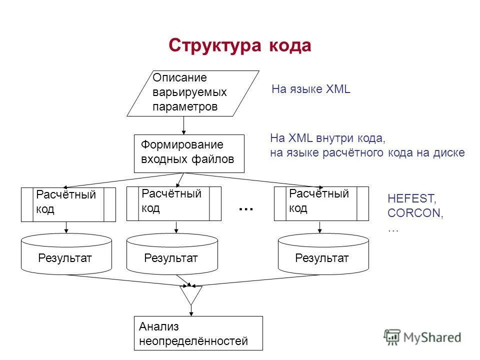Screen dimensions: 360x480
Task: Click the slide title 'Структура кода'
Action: click(x=239, y=45)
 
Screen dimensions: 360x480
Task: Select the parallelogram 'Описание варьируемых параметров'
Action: click(x=193, y=93)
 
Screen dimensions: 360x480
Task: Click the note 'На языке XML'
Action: click(x=310, y=89)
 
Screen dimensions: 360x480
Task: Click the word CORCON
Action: click(x=415, y=213)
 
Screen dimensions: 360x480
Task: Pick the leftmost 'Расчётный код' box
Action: click(x=68, y=204)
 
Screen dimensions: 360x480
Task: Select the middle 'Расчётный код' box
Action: click(x=173, y=203)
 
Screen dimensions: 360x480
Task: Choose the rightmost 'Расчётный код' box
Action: click(x=321, y=203)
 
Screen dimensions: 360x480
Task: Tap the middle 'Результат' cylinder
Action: click(x=172, y=255)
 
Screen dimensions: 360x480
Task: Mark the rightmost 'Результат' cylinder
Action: click(x=323, y=254)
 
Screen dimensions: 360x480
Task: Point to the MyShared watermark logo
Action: click(x=422, y=336)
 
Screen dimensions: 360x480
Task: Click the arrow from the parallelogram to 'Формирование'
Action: click(x=184, y=125)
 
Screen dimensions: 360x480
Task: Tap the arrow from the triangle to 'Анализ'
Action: click(x=191, y=310)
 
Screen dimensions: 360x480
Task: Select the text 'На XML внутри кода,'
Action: click(x=328, y=138)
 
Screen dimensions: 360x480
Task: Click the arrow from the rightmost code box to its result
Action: click(x=320, y=227)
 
